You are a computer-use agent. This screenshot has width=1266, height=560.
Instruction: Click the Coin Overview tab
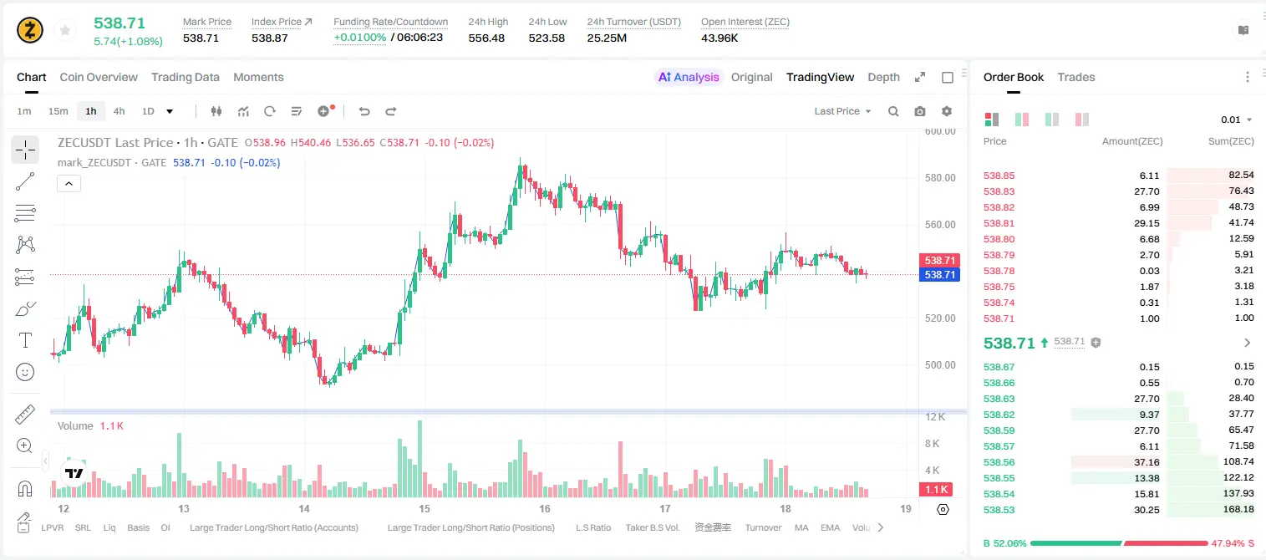[x=99, y=77]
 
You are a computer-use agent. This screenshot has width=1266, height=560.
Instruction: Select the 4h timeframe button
[x=119, y=111]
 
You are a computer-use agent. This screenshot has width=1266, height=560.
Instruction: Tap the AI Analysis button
[x=689, y=77]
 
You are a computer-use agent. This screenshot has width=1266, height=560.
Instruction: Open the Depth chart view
[x=883, y=77]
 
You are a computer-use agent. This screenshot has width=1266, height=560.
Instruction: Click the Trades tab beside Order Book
[x=1076, y=77]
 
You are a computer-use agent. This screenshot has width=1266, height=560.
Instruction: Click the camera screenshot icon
[x=920, y=111]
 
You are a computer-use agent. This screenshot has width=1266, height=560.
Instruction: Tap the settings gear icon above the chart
[x=947, y=111]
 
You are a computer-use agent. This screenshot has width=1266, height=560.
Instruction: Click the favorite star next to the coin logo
[x=65, y=30]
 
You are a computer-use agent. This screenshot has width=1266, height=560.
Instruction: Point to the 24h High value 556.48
[x=486, y=38]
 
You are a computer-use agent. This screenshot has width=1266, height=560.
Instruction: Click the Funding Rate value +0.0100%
[x=359, y=38]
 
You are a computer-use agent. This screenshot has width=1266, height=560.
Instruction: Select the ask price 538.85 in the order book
[x=999, y=176]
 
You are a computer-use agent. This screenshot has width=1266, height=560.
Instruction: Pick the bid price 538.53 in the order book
[x=999, y=510]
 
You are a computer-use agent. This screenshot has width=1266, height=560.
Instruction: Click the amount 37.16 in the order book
[x=1147, y=462]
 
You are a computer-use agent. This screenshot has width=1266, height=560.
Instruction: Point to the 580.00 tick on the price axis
[x=940, y=177]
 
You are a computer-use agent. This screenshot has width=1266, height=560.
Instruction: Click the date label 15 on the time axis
[x=425, y=508]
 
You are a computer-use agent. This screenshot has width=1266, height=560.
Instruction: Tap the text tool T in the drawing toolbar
[x=25, y=340]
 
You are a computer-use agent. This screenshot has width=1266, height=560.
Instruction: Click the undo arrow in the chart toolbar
[x=364, y=111]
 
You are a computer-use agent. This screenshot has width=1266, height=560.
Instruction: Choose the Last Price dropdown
[x=842, y=111]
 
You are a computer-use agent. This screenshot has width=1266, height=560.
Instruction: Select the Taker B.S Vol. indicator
[x=652, y=527]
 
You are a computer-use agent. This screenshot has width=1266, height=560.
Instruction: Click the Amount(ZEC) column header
[x=1132, y=141]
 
